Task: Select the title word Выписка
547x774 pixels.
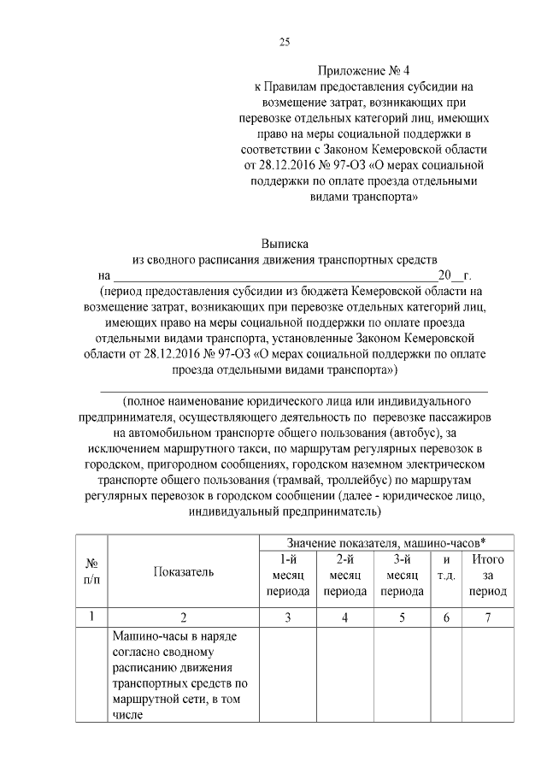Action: pyautogui.click(x=285, y=244)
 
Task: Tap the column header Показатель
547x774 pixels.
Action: pyautogui.click(x=184, y=572)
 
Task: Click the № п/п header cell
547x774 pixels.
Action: pyautogui.click(x=91, y=572)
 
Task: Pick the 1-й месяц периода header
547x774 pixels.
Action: pyautogui.click(x=288, y=575)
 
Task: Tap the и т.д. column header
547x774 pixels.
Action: pyautogui.click(x=446, y=567)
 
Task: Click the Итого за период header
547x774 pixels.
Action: pyautogui.click(x=488, y=575)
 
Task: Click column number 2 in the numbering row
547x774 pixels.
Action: pyautogui.click(x=184, y=617)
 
